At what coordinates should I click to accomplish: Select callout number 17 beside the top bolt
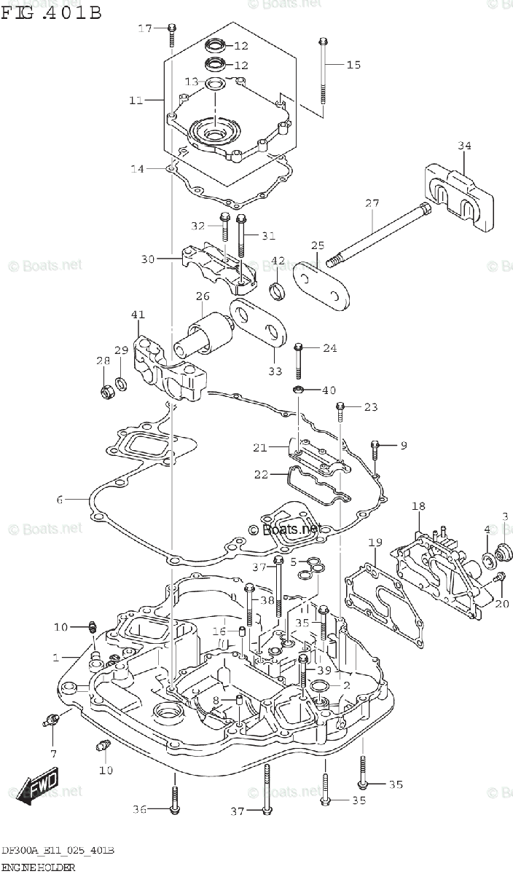pyautogui.click(x=145, y=28)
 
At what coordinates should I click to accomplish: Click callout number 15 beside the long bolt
pyautogui.click(x=353, y=65)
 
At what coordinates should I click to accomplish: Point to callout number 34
pyautogui.click(x=465, y=146)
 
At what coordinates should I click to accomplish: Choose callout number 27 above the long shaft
pyautogui.click(x=372, y=204)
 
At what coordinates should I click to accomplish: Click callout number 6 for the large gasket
pyautogui.click(x=60, y=500)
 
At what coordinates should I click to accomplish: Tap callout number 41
pyautogui.click(x=138, y=315)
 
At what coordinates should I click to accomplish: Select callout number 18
pyautogui.click(x=418, y=506)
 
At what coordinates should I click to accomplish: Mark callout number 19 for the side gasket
pyautogui.click(x=375, y=542)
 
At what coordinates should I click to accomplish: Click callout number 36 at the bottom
pyautogui.click(x=141, y=808)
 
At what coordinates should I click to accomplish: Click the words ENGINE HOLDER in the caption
pyautogui.click(x=37, y=868)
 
